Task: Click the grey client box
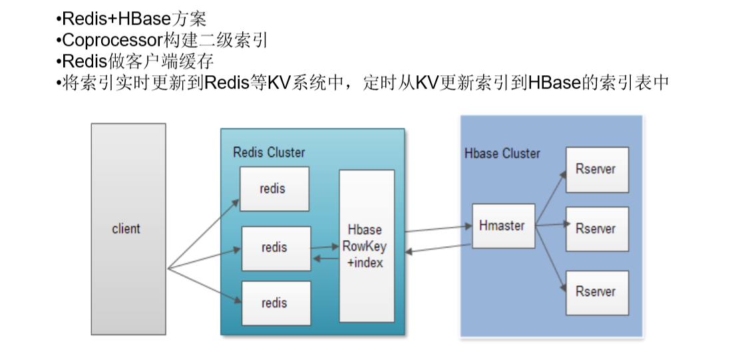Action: [x=128, y=228]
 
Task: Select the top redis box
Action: [x=274, y=188]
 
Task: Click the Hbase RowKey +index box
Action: [x=366, y=246]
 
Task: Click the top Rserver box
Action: [x=596, y=169]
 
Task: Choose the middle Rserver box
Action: [x=596, y=228]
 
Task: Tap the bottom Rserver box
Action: [x=596, y=292]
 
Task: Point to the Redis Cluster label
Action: [x=269, y=152]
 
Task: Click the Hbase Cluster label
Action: [x=502, y=153]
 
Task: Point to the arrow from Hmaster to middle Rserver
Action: [x=550, y=226]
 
